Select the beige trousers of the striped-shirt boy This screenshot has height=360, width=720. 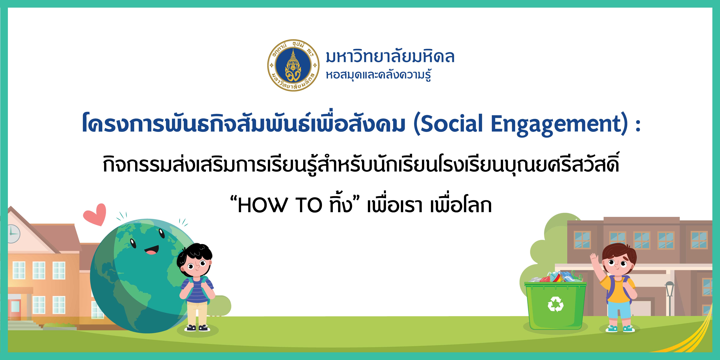pyautogui.click(x=197, y=314)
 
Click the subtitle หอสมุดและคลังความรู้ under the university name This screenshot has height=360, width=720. pyautogui.click(x=378, y=75)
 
